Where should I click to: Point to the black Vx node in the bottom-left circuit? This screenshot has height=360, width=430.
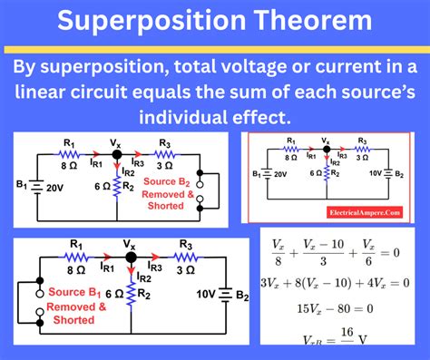point(131,258)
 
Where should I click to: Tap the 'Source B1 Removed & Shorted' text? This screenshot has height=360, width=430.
point(73,306)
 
